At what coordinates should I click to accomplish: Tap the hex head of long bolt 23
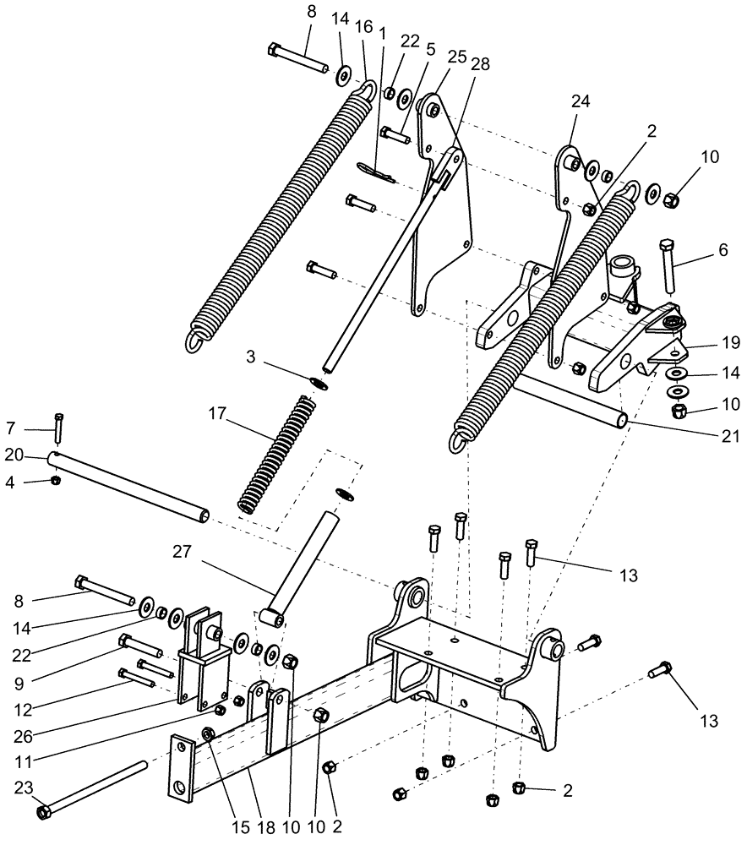pyautogui.click(x=44, y=812)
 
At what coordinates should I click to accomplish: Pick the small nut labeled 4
pyautogui.click(x=55, y=481)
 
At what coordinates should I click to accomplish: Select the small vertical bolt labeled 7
pyautogui.click(x=58, y=429)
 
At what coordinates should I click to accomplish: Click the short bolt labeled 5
pyautogui.click(x=395, y=133)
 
